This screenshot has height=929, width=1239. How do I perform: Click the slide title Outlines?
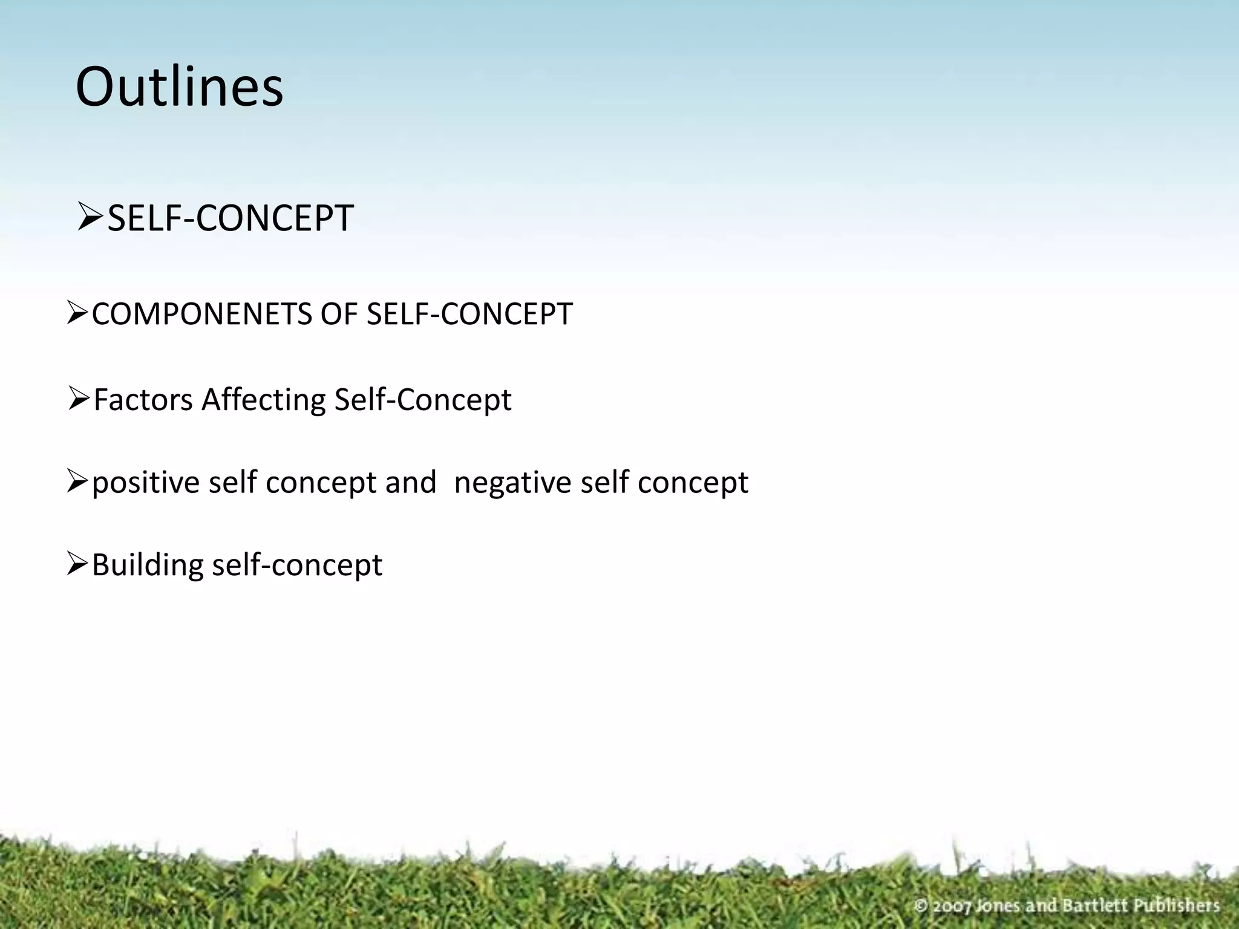click(x=179, y=87)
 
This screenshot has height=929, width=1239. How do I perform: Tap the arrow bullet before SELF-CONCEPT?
click(x=91, y=218)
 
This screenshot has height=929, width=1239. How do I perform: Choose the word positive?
click(x=145, y=483)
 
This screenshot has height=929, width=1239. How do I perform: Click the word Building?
click(x=148, y=565)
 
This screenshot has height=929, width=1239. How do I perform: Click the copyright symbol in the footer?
click(x=921, y=906)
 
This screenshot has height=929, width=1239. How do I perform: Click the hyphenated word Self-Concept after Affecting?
click(x=422, y=400)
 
